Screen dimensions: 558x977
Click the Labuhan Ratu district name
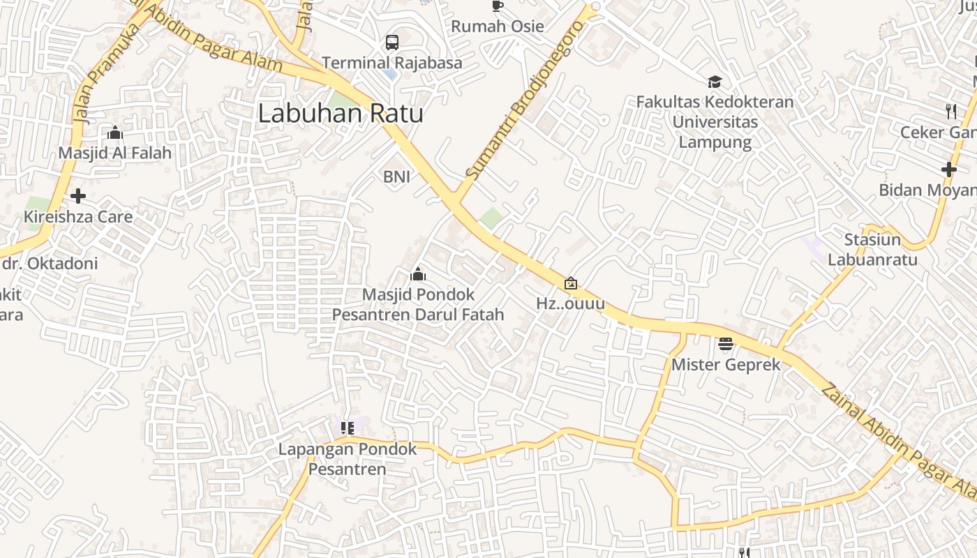click(341, 113)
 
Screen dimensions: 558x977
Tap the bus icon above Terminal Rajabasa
click(392, 43)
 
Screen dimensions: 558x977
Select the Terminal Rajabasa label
click(392, 63)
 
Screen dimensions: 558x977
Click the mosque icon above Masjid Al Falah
click(115, 133)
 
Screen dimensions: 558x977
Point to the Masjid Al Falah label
click(115, 153)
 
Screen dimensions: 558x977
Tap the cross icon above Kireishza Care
click(78, 196)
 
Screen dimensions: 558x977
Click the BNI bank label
click(396, 177)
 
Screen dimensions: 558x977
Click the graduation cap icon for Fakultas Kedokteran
click(715, 82)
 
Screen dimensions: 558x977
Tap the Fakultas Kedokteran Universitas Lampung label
click(715, 122)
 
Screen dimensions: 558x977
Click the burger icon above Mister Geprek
click(726, 344)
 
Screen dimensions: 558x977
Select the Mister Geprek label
click(726, 364)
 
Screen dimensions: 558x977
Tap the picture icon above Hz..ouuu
click(571, 283)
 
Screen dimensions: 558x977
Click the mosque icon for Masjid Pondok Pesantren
click(418, 274)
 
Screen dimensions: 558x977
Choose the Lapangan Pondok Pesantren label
click(348, 458)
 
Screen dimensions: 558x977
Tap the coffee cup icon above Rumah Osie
click(497, 6)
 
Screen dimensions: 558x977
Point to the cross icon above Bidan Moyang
click(948, 169)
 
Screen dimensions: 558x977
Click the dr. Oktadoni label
click(50, 264)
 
